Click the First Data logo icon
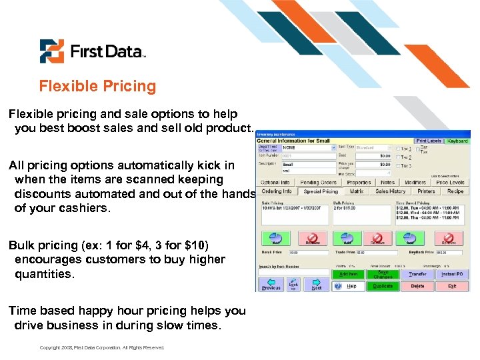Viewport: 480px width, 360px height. point(51,51)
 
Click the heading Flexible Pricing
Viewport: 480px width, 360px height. point(97,86)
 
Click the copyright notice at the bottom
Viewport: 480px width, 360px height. point(101,347)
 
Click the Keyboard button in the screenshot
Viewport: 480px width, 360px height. point(457,141)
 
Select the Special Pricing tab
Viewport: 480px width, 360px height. point(321,191)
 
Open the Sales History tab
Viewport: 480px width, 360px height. point(390,191)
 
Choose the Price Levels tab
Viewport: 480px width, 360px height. point(450,182)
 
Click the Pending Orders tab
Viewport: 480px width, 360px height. point(319,182)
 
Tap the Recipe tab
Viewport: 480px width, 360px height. point(455,191)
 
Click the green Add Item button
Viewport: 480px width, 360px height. point(349,273)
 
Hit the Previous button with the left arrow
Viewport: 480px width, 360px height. point(271,285)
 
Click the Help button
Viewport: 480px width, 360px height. point(348,286)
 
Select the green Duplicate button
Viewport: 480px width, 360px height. point(383,286)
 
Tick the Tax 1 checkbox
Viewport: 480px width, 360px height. point(398,148)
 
